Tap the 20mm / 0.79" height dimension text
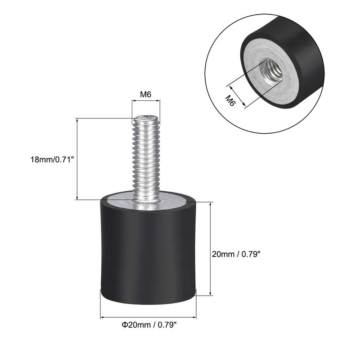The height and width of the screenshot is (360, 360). coord(236,254)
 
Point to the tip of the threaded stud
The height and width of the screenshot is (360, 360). coord(146,118)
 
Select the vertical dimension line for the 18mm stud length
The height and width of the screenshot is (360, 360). coord(77,159)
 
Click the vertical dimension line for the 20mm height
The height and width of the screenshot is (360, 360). coord(210,248)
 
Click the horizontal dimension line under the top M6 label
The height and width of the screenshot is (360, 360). coord(146,103)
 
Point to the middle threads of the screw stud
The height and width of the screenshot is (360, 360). coord(146,157)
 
